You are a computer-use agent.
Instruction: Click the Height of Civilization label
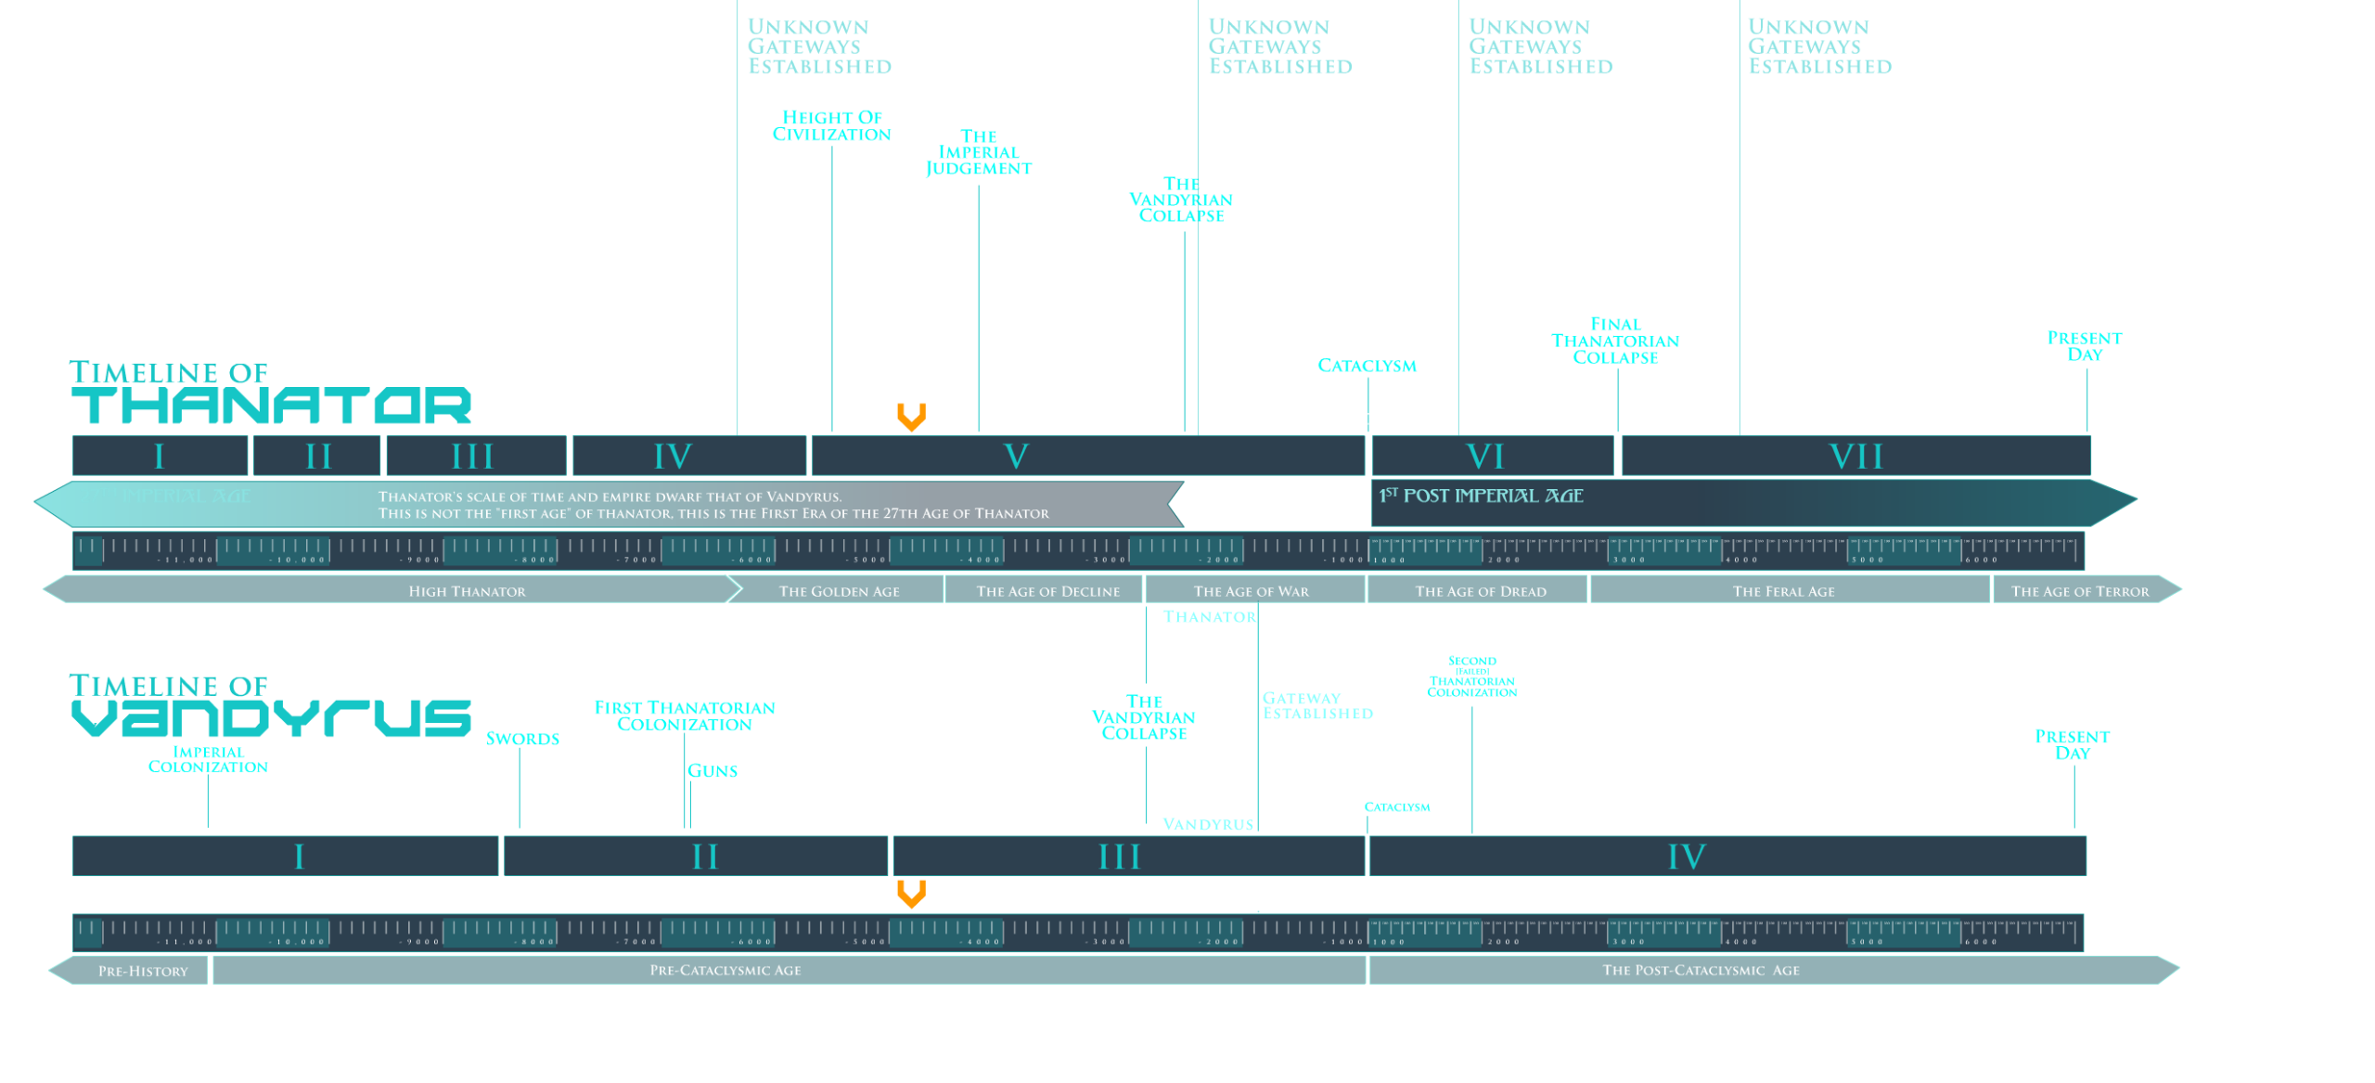point(831,126)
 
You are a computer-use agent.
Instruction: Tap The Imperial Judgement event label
point(978,152)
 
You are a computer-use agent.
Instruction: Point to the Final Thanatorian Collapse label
point(1615,341)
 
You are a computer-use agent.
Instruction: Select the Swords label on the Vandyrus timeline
point(522,739)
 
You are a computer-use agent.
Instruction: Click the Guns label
point(712,770)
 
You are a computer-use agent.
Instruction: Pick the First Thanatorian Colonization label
point(685,716)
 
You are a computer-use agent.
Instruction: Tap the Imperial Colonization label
point(208,759)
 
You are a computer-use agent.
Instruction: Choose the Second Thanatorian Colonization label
point(1472,677)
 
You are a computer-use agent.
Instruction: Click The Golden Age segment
point(839,591)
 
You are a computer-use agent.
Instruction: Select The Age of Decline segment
point(1047,591)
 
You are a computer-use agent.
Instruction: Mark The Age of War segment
point(1252,591)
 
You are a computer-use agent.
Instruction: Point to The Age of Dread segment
point(1480,591)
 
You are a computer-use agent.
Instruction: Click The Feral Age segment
point(1783,591)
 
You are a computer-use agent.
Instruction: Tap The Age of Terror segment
point(2079,591)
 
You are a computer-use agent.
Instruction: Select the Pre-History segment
point(143,971)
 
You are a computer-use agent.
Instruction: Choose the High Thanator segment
point(467,591)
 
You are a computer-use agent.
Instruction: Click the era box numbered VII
point(1855,457)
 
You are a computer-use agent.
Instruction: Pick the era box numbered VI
point(1485,457)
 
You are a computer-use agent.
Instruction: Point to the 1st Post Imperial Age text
point(1482,496)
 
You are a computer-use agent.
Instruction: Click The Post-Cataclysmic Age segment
point(1701,971)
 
